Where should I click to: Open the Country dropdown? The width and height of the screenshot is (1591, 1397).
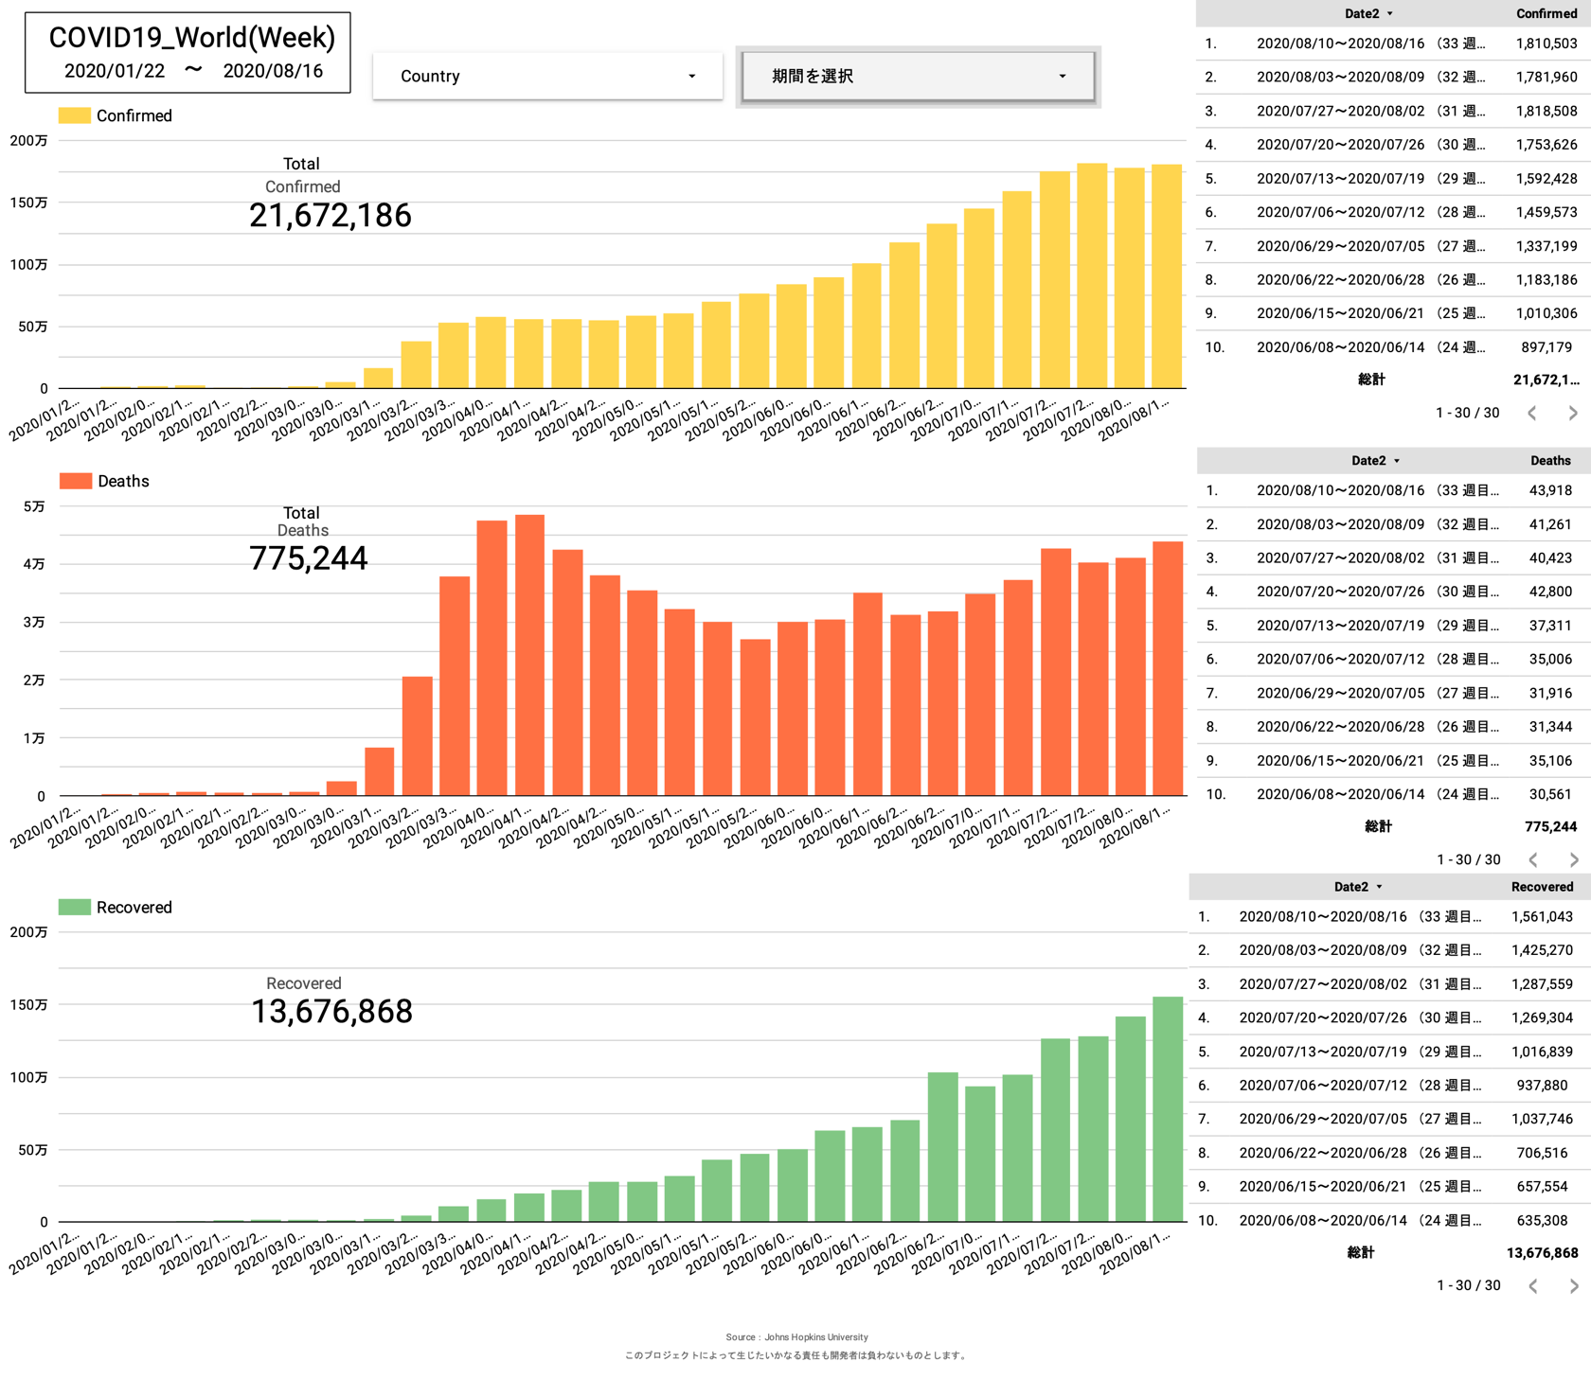pyautogui.click(x=546, y=76)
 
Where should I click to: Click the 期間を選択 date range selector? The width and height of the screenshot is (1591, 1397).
pyautogui.click(x=917, y=76)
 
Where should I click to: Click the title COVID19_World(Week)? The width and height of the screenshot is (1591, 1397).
pyautogui.click(x=191, y=38)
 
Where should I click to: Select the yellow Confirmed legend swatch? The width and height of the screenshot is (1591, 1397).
pyautogui.click(x=74, y=115)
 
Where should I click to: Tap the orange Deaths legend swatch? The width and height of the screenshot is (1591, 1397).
pyautogui.click(x=75, y=481)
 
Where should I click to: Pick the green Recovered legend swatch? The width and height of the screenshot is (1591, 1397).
pyautogui.click(x=74, y=907)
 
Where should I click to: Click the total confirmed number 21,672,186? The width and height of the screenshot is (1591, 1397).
pyautogui.click(x=330, y=216)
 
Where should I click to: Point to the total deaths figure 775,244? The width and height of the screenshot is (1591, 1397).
pyautogui.click(x=308, y=558)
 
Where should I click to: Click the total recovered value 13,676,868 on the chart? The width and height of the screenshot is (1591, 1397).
pyautogui.click(x=331, y=1012)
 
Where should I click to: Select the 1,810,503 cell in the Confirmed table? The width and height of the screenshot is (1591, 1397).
pyautogui.click(x=1546, y=44)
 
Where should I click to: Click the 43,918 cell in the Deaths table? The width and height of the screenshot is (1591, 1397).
pyautogui.click(x=1550, y=490)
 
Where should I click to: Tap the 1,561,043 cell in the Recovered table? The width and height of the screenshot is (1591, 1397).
pyautogui.click(x=1542, y=916)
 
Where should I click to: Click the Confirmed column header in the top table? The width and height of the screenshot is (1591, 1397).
pyautogui.click(x=1546, y=13)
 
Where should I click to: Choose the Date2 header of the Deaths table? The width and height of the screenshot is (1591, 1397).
pyautogui.click(x=1368, y=461)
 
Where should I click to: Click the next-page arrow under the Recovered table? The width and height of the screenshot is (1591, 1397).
pyautogui.click(x=1573, y=1285)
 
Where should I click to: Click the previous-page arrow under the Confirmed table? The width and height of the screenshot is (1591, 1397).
pyautogui.click(x=1531, y=413)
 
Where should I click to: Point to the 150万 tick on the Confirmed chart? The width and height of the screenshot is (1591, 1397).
pyautogui.click(x=28, y=203)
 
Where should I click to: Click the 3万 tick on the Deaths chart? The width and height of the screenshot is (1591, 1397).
pyautogui.click(x=34, y=622)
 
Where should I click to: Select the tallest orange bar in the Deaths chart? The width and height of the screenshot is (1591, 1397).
pyautogui.click(x=529, y=653)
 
